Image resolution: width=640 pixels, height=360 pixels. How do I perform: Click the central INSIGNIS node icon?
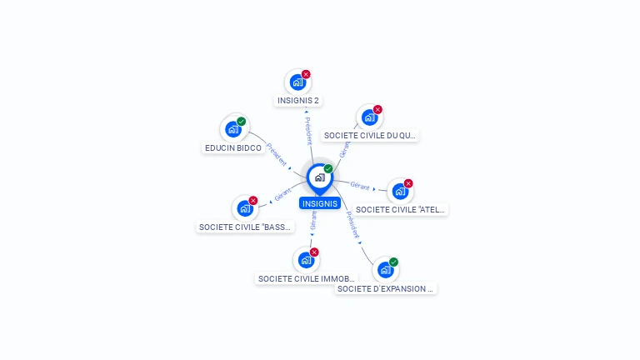coord(319,177)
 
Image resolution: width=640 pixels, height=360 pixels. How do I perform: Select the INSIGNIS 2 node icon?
coord(297,82)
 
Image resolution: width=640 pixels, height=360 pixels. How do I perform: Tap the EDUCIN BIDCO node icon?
coord(232,129)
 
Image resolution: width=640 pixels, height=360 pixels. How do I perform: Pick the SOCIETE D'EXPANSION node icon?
coord(385,269)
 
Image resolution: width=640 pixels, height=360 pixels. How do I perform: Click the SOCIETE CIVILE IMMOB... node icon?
coord(306,260)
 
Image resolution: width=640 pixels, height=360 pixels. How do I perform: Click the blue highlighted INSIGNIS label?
coord(320,203)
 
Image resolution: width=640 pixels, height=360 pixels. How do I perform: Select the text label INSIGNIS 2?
coord(298,101)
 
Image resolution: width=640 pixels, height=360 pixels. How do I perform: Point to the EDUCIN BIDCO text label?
coord(233,148)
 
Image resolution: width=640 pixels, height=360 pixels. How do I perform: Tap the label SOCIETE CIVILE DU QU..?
coord(369,135)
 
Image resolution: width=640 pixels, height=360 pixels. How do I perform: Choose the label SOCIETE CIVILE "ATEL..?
coord(401,210)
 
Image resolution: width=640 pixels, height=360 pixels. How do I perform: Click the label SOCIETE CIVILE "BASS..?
coord(246,227)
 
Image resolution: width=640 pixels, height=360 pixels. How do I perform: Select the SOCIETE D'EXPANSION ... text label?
coord(386,289)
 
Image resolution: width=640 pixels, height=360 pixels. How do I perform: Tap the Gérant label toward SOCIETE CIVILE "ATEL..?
coord(360,186)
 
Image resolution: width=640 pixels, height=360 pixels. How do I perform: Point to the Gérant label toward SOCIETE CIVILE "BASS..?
coord(284,195)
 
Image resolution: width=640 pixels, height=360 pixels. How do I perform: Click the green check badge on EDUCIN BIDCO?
coord(242,122)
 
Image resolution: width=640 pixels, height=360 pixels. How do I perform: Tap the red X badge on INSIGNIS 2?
coord(306,74)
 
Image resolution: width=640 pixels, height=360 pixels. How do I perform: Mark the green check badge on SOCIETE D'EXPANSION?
coord(393,262)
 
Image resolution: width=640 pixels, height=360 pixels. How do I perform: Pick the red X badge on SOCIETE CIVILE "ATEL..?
coord(408,183)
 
